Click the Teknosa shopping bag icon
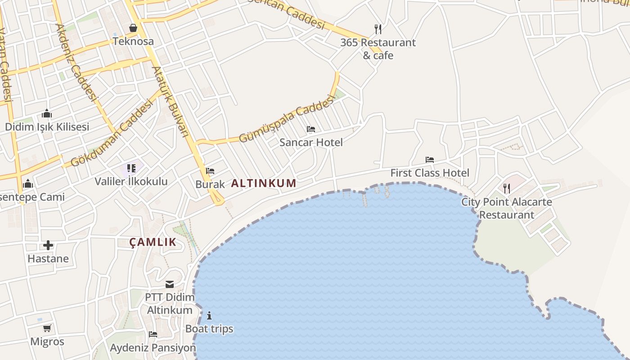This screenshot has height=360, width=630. click(x=133, y=28)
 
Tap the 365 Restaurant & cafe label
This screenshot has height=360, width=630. click(x=378, y=49)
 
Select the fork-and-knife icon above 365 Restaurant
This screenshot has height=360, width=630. click(x=378, y=29)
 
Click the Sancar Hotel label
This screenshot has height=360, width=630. click(x=311, y=143)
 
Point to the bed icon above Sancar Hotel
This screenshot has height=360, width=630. click(x=311, y=129)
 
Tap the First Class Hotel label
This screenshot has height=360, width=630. click(x=430, y=173)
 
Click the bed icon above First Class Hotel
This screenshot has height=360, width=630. click(x=430, y=159)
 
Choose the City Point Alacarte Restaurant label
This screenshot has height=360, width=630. click(x=507, y=208)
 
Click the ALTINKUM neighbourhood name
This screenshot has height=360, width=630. click(x=264, y=183)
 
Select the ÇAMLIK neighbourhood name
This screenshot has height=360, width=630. click(x=153, y=242)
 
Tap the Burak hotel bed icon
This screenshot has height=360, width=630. click(x=210, y=171)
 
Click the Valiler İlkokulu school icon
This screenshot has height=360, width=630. click(x=131, y=168)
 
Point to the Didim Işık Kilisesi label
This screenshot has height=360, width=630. click(x=47, y=127)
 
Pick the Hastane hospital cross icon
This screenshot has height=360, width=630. click(x=48, y=245)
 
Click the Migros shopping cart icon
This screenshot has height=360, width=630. click(x=47, y=328)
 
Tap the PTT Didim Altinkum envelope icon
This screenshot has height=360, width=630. click(x=170, y=284)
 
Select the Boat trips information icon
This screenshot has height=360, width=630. click(x=209, y=315)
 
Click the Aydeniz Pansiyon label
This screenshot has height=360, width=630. click(x=153, y=348)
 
